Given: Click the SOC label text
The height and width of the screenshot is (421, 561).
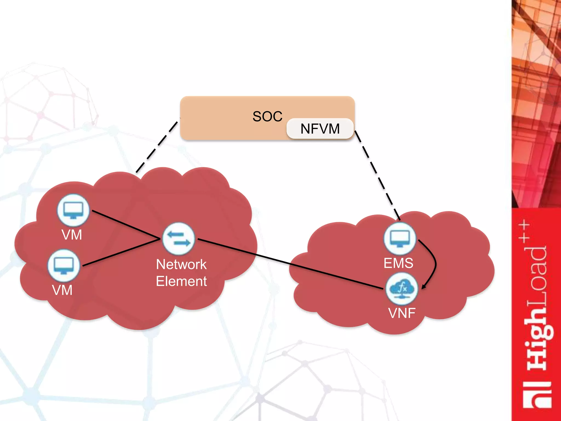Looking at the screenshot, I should point(267,116).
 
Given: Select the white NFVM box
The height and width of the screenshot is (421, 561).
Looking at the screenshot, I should point(320,129).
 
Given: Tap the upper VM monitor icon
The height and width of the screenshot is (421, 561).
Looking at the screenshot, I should point(73,210).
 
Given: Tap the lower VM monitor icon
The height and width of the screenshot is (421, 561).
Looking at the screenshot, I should point(64,265).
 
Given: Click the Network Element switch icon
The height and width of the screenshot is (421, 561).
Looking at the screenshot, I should point(179,239).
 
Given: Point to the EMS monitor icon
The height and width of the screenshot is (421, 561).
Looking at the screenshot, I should point(400,239).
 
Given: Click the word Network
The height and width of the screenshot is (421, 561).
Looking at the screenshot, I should point(181,264).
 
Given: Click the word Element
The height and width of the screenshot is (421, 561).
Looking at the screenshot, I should point(181,281).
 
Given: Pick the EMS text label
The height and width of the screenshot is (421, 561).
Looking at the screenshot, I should point(398,263).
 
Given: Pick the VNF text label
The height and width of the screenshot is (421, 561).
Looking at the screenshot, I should point(402,313).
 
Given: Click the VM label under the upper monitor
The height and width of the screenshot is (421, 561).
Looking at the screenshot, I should point(72,235).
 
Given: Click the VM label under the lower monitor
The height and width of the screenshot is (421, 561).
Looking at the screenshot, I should point(62,290).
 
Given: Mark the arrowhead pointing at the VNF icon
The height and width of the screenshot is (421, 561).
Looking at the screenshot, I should point(424,286).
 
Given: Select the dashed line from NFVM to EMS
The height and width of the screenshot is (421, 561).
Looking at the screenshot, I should point(377,175).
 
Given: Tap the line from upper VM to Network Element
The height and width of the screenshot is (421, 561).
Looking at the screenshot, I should point(126,225).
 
